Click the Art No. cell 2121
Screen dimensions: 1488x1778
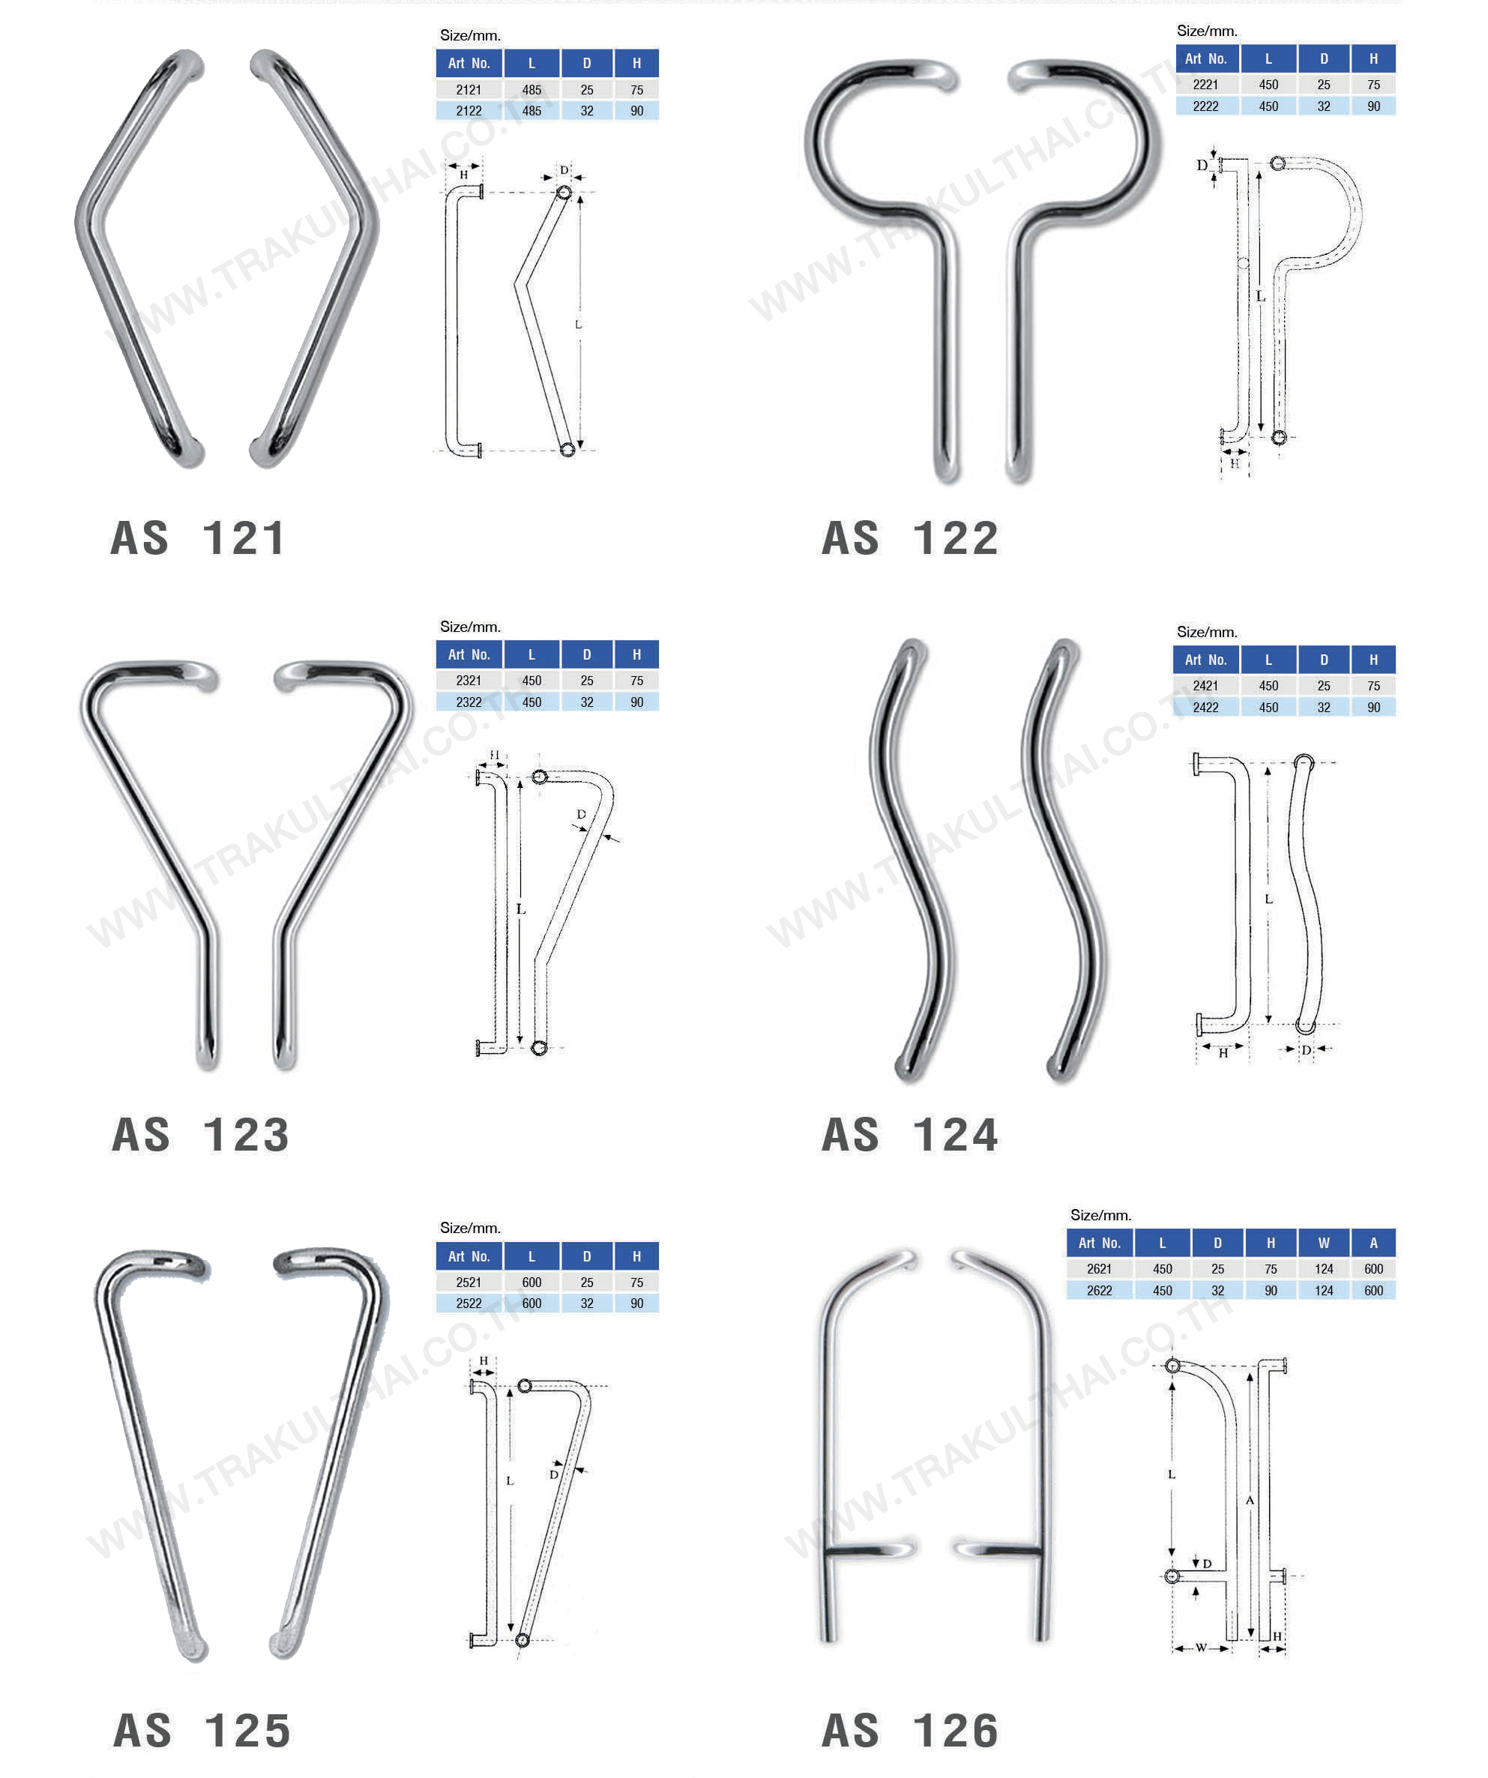coord(469,90)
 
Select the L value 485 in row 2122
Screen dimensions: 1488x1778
coord(531,111)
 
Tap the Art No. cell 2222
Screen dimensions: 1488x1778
coord(1205,106)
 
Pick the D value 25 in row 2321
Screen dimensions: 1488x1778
coord(587,681)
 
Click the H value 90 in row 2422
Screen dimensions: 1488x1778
coord(1373,708)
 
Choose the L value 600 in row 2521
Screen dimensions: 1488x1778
coord(531,1283)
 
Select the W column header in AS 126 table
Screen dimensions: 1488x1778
coord(1323,1243)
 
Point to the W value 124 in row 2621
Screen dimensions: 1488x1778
coord(1323,1269)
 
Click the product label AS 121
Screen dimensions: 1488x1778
coord(198,538)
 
